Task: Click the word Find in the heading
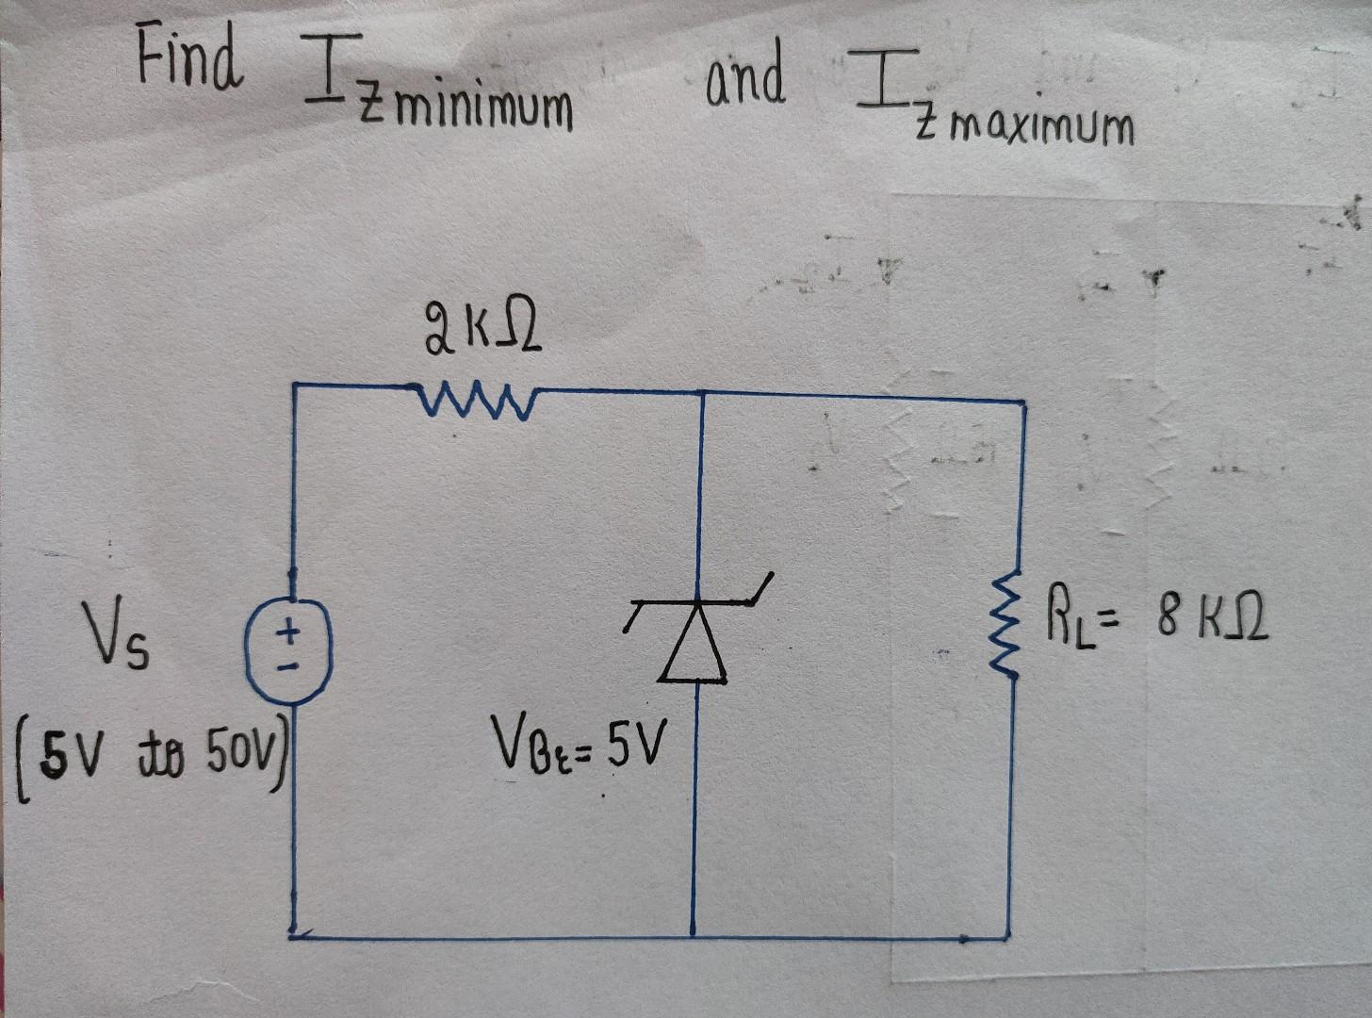click(188, 56)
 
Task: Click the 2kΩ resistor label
click(482, 336)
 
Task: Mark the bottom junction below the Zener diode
click(694, 936)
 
